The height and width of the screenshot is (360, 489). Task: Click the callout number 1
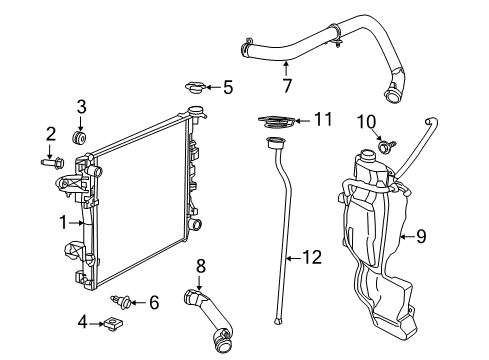[62, 222]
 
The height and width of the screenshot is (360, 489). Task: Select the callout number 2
[49, 133]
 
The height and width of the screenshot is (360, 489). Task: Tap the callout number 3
[82, 106]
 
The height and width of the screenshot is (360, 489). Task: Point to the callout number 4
[83, 322]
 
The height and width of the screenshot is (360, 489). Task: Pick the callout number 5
[227, 87]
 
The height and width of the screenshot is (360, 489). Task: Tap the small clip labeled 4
[114, 322]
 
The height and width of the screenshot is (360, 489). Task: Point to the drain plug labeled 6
[124, 300]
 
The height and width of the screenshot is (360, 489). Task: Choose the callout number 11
[322, 119]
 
